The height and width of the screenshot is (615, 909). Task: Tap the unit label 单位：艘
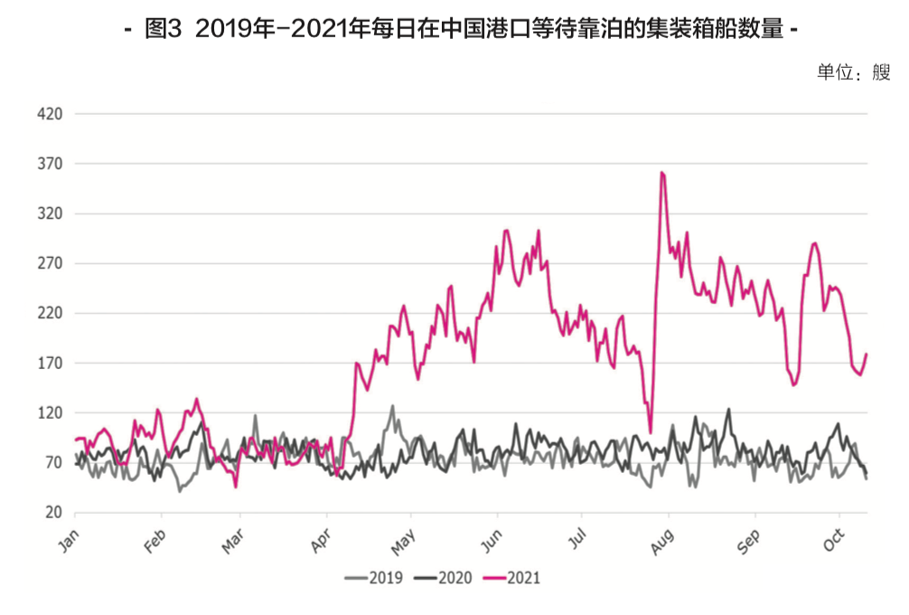pos(854,73)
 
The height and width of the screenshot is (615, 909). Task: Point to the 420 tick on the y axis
pos(50,115)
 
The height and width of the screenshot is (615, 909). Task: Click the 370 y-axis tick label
pos(50,165)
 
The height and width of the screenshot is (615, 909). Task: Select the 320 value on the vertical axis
pos(50,214)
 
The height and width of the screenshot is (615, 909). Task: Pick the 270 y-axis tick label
pos(50,264)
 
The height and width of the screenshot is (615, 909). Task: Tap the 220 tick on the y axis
pos(50,314)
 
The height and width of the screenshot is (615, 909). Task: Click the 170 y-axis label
pos(50,364)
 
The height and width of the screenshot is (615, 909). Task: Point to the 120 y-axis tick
pos(50,413)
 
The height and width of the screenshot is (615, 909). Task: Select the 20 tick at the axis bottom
pos(53,513)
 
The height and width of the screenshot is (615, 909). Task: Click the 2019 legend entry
pos(371,577)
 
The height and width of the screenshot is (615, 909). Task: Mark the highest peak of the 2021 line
pos(662,172)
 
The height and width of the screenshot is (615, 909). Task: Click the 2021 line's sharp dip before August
pos(651,432)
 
